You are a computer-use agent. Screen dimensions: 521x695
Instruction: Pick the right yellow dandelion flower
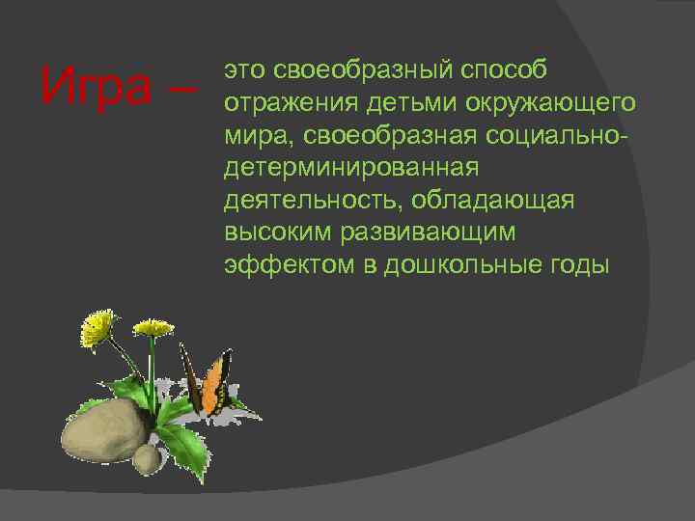pyautogui.click(x=152, y=329)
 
